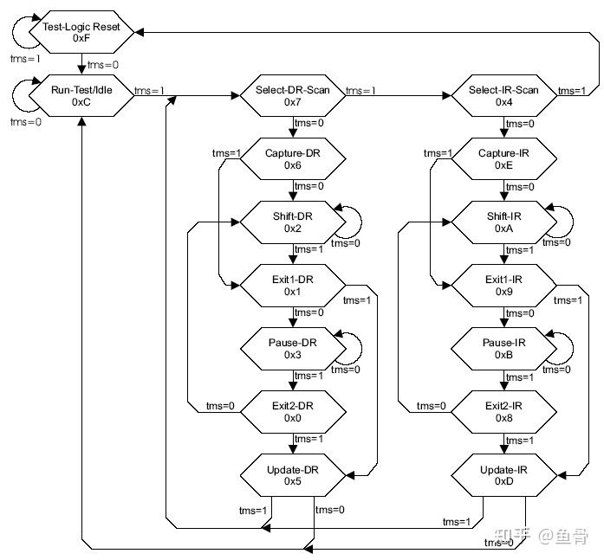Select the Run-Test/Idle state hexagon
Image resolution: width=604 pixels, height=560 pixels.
click(81, 96)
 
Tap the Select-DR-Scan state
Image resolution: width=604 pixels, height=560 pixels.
click(292, 96)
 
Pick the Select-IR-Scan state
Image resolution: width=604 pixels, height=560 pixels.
click(503, 96)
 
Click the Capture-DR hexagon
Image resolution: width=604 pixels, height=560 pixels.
click(292, 159)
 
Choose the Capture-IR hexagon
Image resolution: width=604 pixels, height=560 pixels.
click(503, 159)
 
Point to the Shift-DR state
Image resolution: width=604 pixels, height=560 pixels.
click(292, 222)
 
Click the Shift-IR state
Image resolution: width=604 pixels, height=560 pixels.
click(503, 222)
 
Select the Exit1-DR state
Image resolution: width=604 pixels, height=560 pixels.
click(292, 286)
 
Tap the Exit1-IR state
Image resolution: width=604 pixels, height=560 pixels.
click(503, 286)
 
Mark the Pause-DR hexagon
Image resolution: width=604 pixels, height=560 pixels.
click(292, 349)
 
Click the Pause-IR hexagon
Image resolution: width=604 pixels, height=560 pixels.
click(503, 349)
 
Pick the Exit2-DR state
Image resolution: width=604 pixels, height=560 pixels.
click(292, 412)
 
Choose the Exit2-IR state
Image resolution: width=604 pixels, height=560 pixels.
click(503, 412)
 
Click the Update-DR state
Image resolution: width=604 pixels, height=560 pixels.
click(292, 475)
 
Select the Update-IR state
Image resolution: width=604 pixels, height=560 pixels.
click(503, 475)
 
